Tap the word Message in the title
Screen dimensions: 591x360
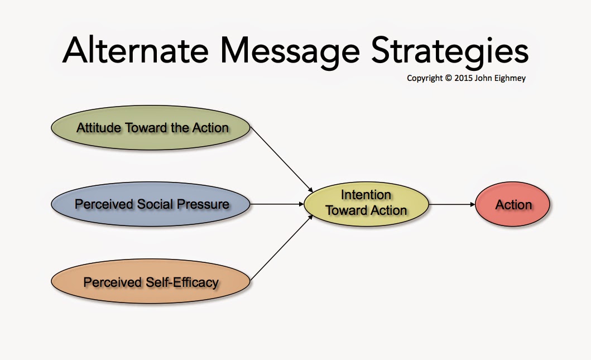[290, 53]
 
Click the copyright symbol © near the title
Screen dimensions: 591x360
[448, 78]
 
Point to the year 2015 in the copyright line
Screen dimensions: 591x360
[463, 78]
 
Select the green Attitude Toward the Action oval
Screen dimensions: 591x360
[150, 128]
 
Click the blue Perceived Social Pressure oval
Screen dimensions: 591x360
[150, 204]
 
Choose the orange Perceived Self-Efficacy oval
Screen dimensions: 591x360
[150, 281]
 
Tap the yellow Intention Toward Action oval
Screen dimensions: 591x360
[366, 204]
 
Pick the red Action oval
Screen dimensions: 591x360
[513, 204]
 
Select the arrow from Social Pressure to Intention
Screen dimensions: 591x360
[277, 204]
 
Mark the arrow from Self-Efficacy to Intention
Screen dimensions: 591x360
[282, 248]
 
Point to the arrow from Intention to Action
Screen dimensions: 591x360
[452, 204]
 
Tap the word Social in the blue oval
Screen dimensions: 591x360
[155, 204]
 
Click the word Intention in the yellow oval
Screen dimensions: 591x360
[366, 195]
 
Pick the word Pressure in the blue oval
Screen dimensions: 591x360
[203, 204]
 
